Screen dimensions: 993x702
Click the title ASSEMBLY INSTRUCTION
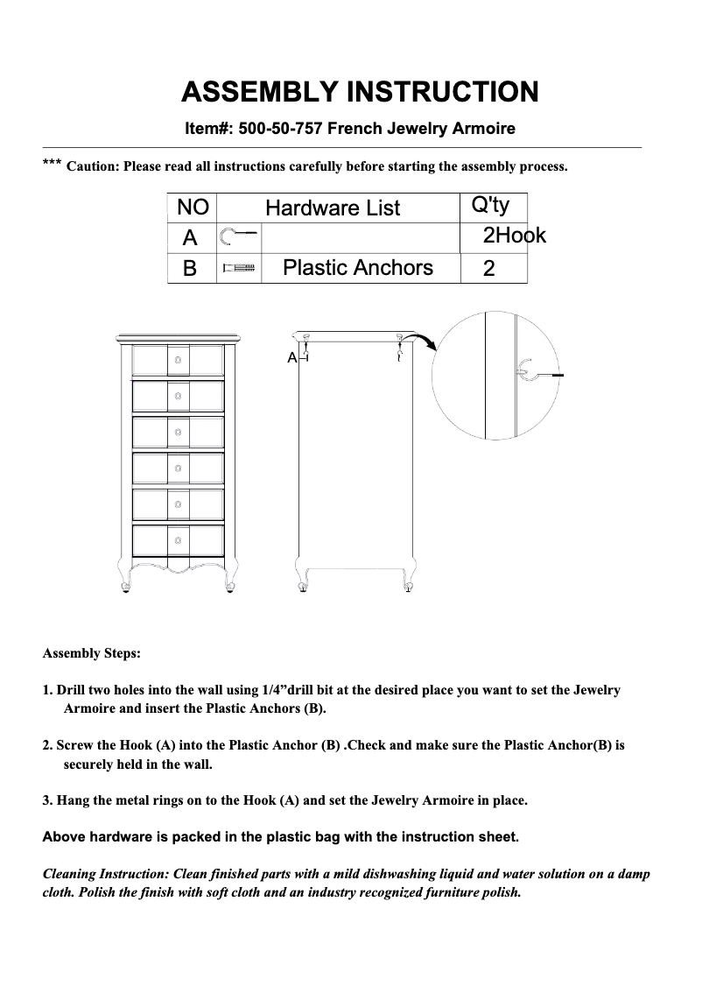(359, 92)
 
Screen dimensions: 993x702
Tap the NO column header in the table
(193, 208)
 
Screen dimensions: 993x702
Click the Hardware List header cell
(332, 208)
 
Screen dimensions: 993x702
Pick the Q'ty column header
(490, 206)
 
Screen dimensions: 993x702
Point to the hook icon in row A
(238, 236)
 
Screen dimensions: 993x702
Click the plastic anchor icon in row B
(238, 268)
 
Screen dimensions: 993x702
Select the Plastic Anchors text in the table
(358, 268)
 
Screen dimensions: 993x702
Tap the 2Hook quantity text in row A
(514, 236)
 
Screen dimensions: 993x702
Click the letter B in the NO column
(189, 269)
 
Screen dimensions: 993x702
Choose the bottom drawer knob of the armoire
(178, 540)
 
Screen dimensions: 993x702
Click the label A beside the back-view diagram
(291, 359)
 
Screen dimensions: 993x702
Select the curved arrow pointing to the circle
(423, 340)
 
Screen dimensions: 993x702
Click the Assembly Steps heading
(91, 654)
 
